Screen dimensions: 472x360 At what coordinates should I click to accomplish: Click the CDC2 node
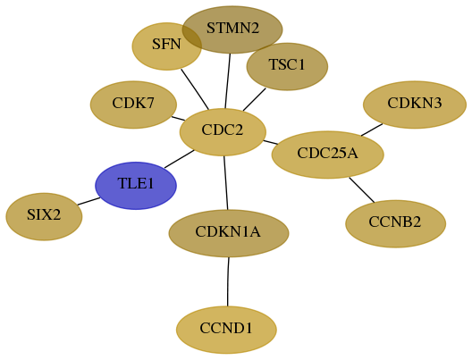coord(223,132)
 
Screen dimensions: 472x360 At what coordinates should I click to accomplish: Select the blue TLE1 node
coord(136,186)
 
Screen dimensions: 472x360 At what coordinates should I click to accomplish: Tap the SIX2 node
coord(44,216)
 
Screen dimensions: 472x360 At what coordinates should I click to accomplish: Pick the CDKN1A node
coord(229,233)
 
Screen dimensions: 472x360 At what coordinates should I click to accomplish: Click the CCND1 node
coord(226,330)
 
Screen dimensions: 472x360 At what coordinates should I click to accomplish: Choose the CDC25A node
coord(327,155)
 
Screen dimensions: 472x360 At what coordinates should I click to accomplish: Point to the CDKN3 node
coord(415,105)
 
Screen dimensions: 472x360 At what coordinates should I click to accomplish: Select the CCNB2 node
coord(395,223)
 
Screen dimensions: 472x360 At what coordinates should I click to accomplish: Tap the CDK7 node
coord(133,105)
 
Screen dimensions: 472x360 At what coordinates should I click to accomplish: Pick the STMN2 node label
coord(232,29)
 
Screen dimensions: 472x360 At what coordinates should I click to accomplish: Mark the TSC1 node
coord(287,66)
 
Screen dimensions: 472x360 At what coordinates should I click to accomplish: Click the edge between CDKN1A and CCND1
coord(228,281)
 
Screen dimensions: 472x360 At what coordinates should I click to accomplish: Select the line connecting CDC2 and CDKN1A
coord(226,183)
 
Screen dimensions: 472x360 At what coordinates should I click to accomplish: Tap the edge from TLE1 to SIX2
coord(88,201)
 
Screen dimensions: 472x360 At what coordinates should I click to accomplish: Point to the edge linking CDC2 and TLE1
coord(179,159)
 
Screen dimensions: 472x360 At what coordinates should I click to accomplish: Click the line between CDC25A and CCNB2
coord(362,190)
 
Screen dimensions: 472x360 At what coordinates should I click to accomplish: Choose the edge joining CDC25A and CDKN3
coord(372,130)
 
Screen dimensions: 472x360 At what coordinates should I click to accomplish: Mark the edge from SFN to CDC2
coord(195,89)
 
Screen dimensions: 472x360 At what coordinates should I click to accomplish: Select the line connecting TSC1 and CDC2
coord(255,99)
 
